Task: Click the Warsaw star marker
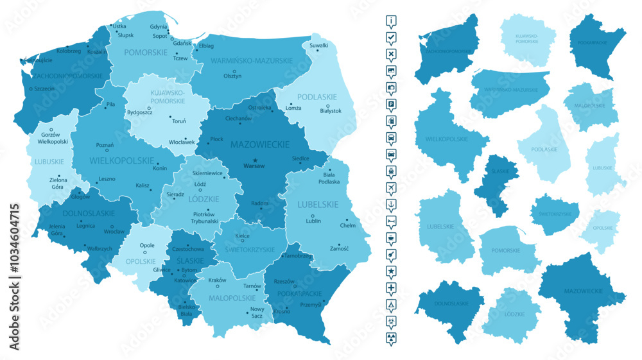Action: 255,160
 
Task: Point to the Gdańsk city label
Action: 182,43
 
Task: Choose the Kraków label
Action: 218,280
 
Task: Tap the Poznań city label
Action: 105,145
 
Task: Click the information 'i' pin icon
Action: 392,20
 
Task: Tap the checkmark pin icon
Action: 392,37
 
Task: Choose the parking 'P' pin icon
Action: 392,103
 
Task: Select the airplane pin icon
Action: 392,187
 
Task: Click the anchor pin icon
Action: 392,203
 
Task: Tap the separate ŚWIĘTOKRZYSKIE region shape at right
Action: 555,214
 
